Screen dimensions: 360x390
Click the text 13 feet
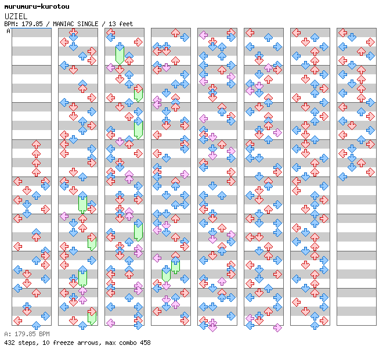121,24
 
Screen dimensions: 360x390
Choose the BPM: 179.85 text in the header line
26,24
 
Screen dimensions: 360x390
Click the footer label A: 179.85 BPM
27,334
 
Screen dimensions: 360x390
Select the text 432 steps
18,343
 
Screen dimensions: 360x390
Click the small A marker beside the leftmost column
9,31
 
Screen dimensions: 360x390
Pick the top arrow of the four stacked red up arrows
36,144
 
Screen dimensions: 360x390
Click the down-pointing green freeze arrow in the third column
120,53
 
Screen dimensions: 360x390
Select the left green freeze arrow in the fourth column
166,273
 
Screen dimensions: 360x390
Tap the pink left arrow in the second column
64,216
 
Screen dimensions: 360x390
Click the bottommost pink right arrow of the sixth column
277,327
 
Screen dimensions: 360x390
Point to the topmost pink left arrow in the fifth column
203,35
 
